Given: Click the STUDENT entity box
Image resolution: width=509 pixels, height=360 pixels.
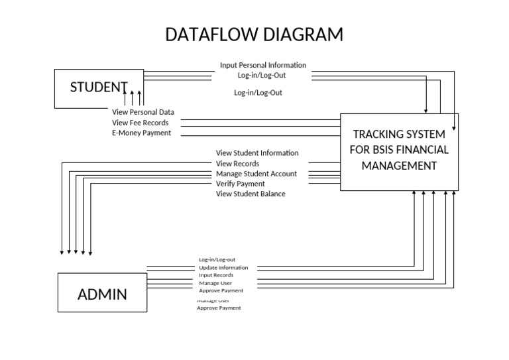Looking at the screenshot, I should pos(99,88).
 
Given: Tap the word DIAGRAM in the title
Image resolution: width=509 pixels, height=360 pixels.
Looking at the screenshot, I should pos(303,34).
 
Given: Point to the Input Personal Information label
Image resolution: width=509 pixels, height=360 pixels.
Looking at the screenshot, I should pos(263,65).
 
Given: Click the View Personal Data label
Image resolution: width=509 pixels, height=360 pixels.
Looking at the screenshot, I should pos(143,112).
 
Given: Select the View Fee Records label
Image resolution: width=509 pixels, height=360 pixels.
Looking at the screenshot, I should pos(140,123).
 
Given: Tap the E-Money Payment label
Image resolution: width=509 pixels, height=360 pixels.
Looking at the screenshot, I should pos(141,133).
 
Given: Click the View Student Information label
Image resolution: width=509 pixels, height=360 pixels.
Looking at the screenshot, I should pos(257,153).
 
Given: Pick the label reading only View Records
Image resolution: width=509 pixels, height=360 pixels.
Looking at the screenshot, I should pos(237,163).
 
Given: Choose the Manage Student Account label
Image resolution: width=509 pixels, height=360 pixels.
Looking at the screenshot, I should pos(256,174).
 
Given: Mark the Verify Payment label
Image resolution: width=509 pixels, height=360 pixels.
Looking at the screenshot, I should pos(241,184).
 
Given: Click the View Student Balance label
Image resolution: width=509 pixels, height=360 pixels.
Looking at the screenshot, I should pos(251,194).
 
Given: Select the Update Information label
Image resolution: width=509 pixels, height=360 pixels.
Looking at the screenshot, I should pos(223,268).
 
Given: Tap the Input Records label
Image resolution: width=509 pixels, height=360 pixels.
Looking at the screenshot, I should pos(216,275).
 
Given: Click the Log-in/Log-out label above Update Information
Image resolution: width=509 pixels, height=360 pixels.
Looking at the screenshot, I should pos(217,260).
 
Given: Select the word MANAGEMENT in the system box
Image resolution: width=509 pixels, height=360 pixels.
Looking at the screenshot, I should pos(399,166).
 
